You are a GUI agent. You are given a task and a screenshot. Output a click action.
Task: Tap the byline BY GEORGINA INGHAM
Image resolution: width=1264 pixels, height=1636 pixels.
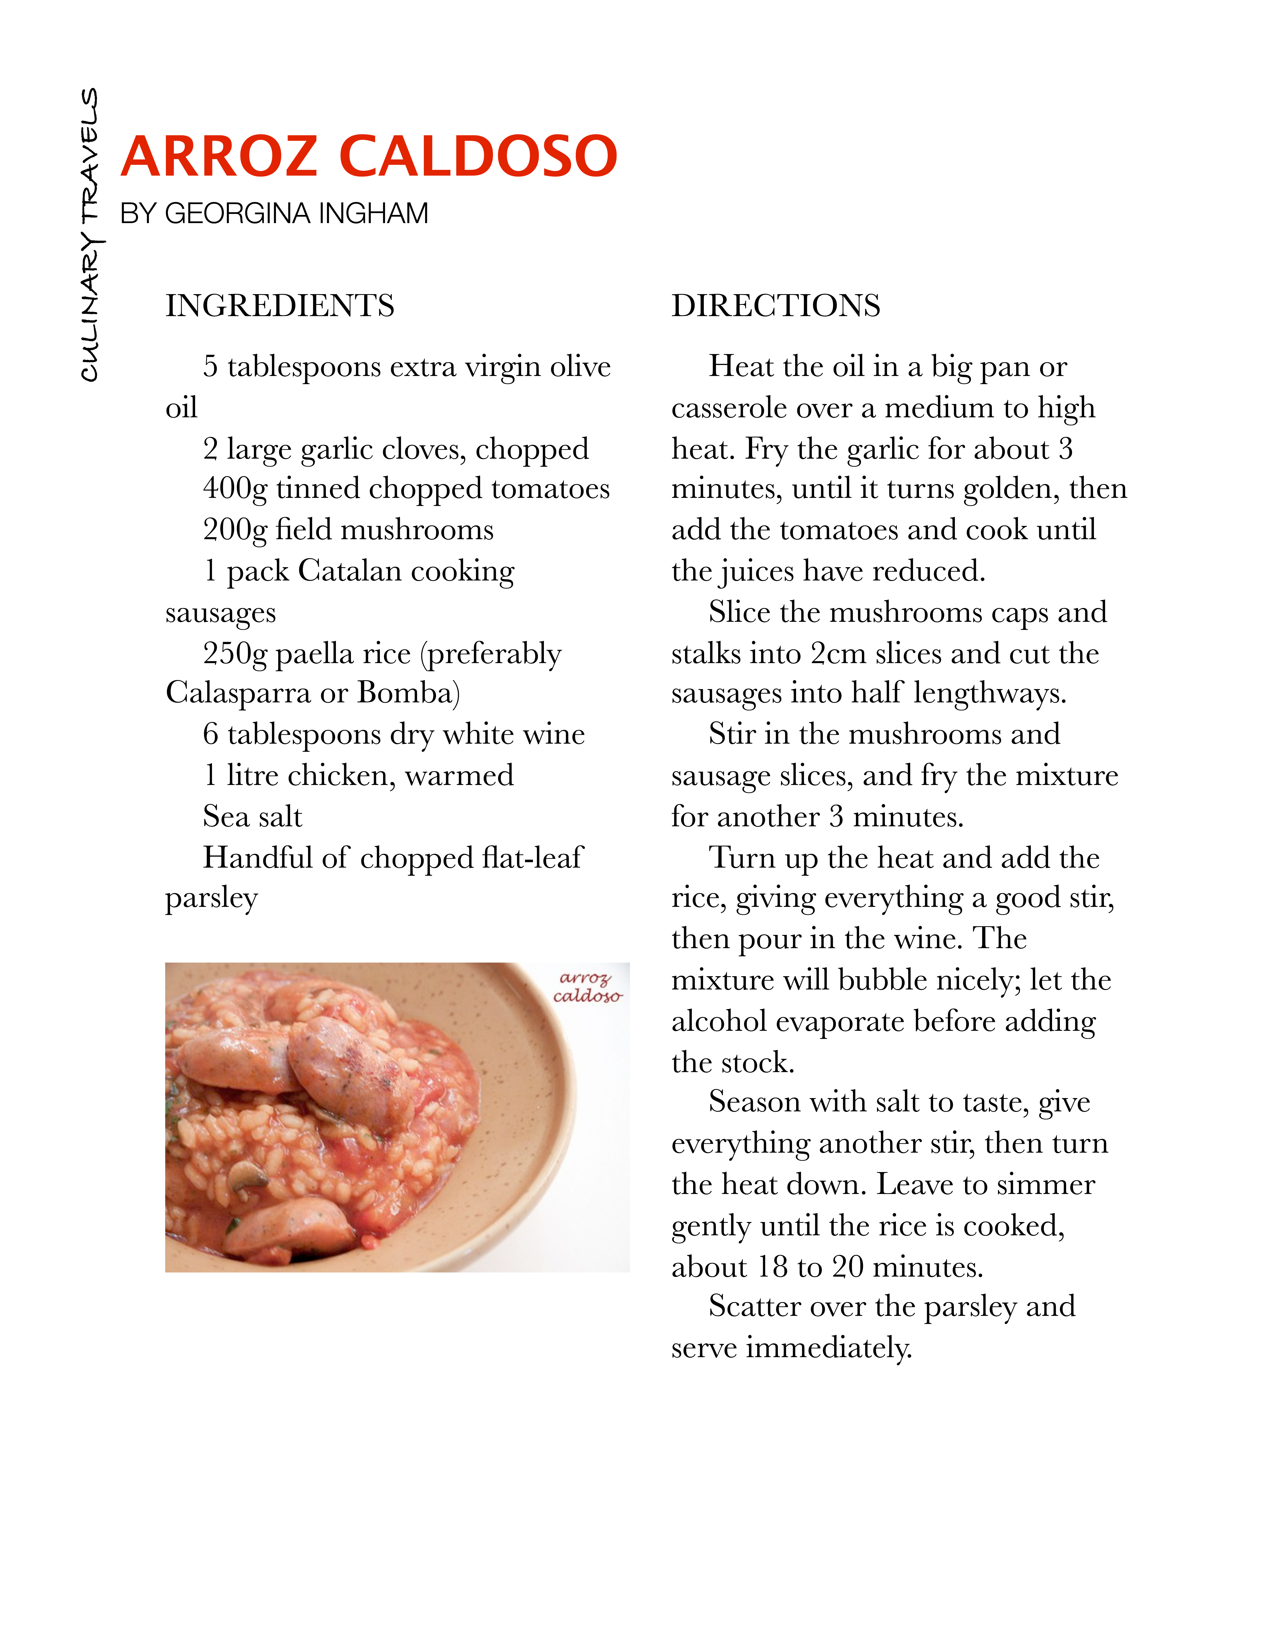pyautogui.click(x=274, y=214)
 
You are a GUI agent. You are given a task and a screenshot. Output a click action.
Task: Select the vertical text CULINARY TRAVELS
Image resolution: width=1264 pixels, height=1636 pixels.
pyautogui.click(x=90, y=234)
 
